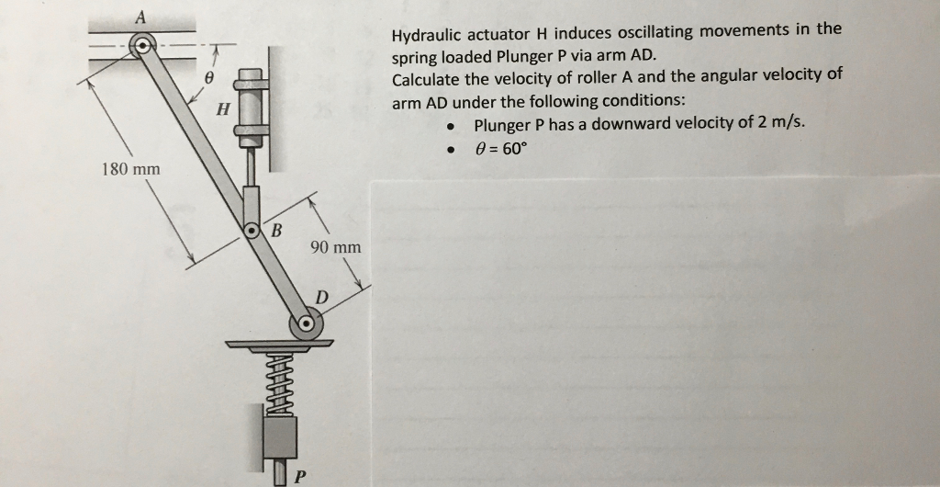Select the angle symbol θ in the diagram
click(209, 79)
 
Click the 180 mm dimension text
click(130, 169)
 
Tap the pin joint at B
click(251, 229)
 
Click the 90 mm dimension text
click(335, 247)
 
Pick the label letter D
click(321, 297)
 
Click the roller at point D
click(306, 324)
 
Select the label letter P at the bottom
click(299, 476)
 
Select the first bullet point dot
click(451, 127)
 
